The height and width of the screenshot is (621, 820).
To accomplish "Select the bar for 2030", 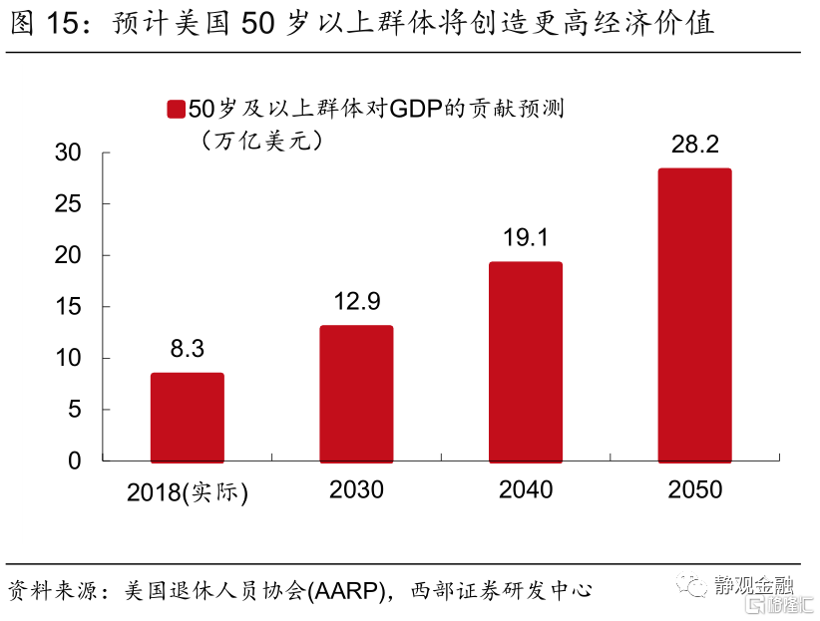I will click(x=356, y=393).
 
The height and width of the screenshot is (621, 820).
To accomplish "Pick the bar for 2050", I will click(x=694, y=314).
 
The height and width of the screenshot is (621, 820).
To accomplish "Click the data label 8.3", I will click(x=188, y=349).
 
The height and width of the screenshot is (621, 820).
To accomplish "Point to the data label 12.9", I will click(x=356, y=301).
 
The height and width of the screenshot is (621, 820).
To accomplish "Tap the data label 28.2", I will click(x=694, y=145).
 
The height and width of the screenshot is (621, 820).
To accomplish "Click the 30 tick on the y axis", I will click(x=68, y=153).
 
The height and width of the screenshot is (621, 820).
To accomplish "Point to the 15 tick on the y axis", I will click(x=68, y=307).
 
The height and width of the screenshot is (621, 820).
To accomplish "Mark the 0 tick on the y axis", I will click(x=74, y=461).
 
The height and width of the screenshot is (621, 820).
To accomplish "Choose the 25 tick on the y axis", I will click(x=68, y=204).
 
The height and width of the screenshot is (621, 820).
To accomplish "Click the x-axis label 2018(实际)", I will click(x=188, y=491).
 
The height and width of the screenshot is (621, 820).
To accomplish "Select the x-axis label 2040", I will click(x=525, y=489).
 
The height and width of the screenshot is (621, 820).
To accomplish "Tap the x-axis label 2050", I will click(x=694, y=489).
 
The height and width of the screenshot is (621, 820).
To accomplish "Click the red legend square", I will click(x=176, y=110).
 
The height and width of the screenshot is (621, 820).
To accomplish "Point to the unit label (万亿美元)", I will click(x=263, y=141).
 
